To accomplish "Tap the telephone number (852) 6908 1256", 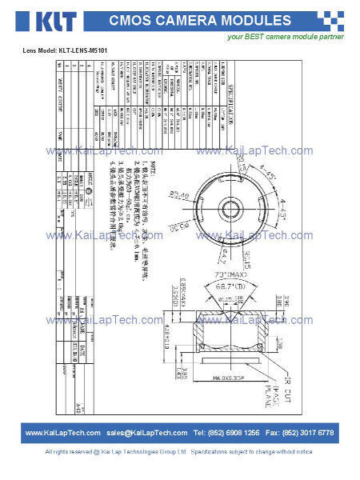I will pos(227,433).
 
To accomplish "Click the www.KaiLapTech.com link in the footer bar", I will pos(62,433).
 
